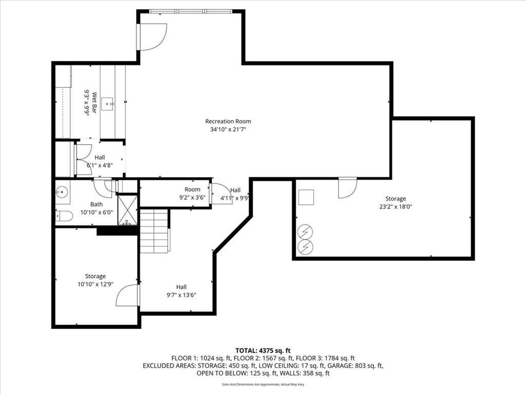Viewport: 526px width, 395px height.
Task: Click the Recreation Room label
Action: [228, 121]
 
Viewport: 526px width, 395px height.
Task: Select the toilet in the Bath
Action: [64, 216]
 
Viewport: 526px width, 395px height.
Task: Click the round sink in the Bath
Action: [62, 192]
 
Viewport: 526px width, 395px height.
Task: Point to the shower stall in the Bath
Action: [127, 210]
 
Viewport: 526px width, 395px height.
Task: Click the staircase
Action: [154, 231]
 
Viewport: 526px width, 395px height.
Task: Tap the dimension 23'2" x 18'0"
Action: [396, 207]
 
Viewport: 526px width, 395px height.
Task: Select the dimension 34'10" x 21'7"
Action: [228, 129]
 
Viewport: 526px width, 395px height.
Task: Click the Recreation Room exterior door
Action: [152, 37]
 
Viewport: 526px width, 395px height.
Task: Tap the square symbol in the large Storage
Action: [306, 197]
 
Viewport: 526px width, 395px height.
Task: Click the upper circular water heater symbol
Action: [306, 231]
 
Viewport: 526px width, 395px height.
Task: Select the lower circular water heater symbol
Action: [306, 247]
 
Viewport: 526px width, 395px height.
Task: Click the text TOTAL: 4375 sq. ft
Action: [263, 351]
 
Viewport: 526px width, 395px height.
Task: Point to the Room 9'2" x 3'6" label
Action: [192, 193]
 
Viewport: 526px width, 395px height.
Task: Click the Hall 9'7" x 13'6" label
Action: [181, 291]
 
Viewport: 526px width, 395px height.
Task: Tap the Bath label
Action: [97, 204]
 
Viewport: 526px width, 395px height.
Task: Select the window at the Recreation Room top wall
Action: [191, 11]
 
